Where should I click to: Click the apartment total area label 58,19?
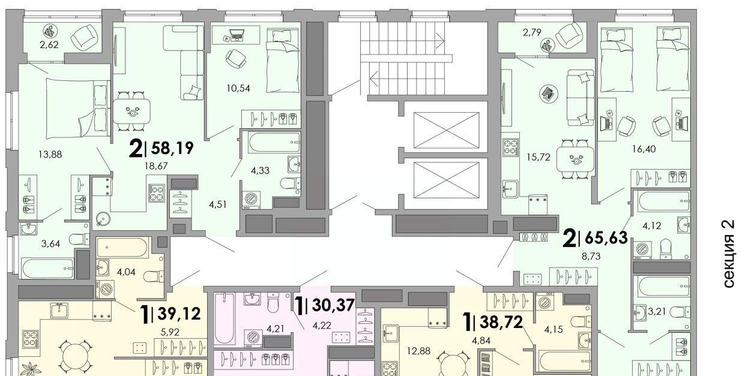172,148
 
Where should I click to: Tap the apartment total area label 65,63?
606,237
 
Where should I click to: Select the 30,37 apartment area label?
333,305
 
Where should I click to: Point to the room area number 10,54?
238,88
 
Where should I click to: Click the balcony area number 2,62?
49,44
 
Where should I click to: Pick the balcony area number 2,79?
532,32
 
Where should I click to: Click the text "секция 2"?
729,254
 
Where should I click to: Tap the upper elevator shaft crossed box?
446,130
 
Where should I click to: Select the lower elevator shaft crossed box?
446,180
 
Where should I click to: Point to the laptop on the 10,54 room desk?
237,34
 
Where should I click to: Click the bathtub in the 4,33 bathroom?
274,143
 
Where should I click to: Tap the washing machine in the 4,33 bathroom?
251,200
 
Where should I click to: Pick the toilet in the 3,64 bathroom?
79,239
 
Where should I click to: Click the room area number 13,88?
50,154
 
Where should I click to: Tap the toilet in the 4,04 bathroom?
154,276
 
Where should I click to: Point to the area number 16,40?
644,149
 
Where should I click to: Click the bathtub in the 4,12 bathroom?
664,201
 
